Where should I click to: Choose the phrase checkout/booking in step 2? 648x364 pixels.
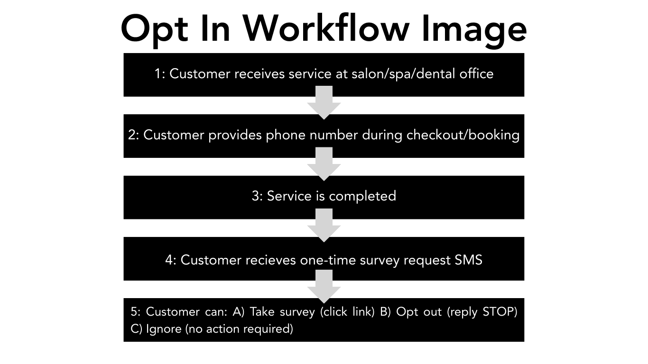click(x=463, y=136)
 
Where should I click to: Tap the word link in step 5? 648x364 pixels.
click(x=363, y=312)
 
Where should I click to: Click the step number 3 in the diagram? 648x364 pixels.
click(x=256, y=196)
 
